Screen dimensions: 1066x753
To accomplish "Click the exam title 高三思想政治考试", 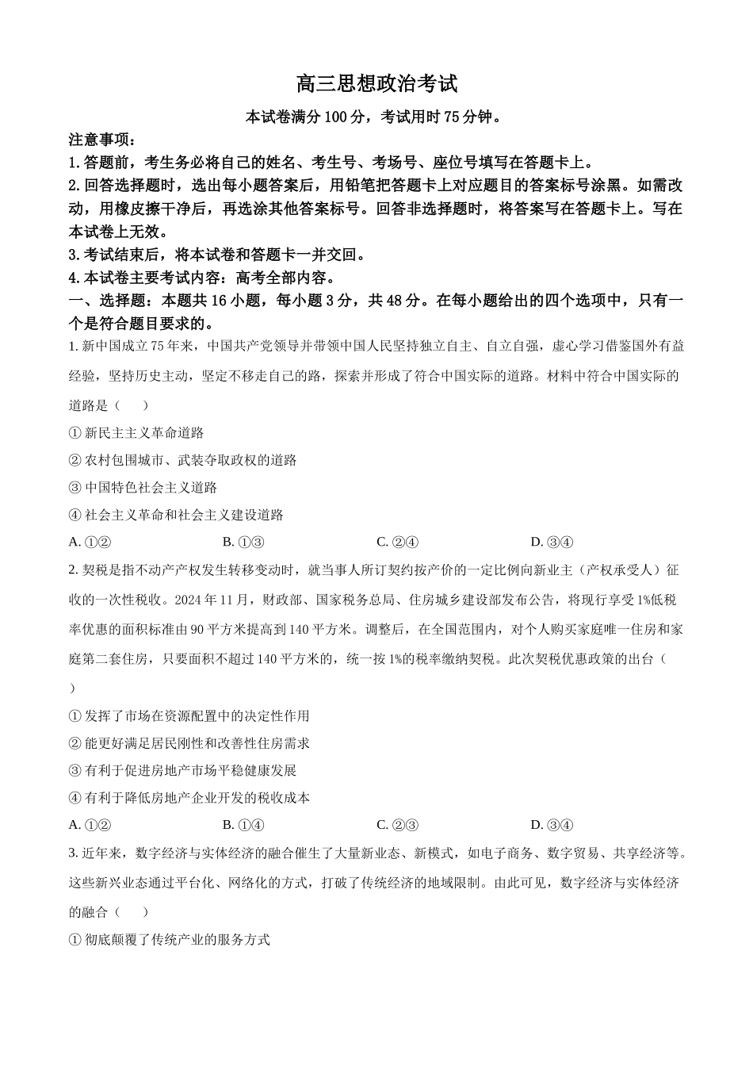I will click(376, 83).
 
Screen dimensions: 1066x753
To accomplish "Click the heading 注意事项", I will click(102, 140).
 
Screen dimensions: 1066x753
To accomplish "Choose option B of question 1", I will click(243, 543).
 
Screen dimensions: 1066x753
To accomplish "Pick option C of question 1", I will click(397, 543).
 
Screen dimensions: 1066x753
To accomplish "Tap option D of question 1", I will click(551, 543).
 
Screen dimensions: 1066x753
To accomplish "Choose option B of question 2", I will click(243, 825).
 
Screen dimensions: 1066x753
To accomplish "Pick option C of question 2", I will click(397, 825).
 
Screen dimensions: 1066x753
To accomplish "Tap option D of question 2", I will click(551, 825).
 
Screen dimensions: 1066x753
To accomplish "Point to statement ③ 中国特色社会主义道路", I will click(143, 488).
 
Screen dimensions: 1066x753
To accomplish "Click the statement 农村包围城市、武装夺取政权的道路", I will click(190, 460).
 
